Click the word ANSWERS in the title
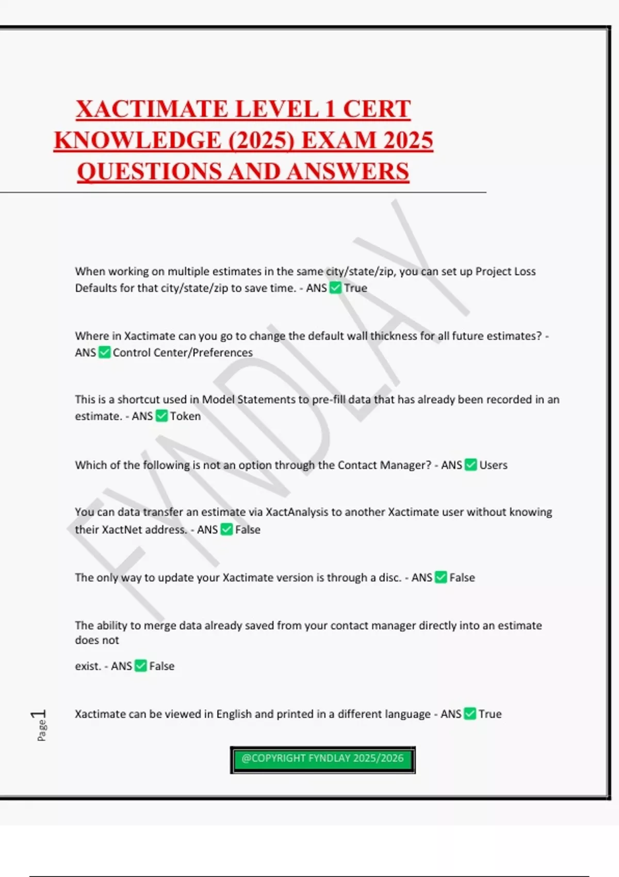click(x=348, y=172)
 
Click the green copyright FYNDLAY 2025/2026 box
click(x=322, y=759)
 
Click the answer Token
click(x=185, y=416)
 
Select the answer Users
click(x=493, y=465)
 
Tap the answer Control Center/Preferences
click(x=183, y=353)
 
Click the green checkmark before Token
click(x=161, y=416)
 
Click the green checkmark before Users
click(x=470, y=465)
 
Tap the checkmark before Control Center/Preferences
click(x=104, y=352)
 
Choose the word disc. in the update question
click(x=390, y=578)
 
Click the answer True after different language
click(x=490, y=714)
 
